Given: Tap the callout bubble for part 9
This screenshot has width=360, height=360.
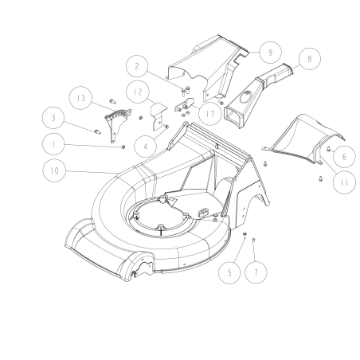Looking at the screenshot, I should click(272, 52).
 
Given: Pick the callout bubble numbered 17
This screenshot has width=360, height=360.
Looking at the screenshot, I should click(210, 114).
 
